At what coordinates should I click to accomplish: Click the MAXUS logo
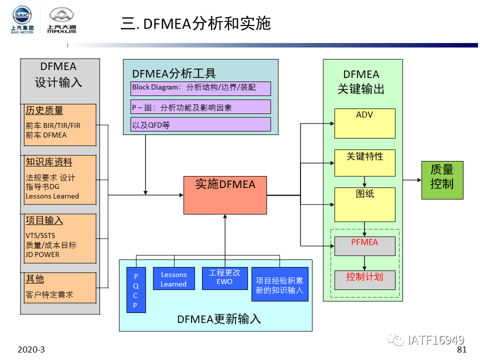61,20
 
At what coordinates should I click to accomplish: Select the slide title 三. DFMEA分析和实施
195,23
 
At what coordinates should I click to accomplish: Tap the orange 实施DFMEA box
225,195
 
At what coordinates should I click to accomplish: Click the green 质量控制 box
442,180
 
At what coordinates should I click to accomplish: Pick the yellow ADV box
364,123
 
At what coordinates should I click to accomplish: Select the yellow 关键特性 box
364,162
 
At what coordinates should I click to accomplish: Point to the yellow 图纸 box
364,204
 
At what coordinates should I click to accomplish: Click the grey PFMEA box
364,246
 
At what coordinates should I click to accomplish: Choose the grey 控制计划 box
364,279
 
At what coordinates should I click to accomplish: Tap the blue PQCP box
135,290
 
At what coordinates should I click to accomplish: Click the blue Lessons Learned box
173,279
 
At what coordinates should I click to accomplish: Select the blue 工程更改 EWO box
224,278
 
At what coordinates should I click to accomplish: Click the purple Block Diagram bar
200,88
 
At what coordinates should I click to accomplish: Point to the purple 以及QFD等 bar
200,124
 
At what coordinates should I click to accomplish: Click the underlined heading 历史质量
44,110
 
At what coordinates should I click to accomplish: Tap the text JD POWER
42,254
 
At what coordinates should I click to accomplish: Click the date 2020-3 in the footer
31,349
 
